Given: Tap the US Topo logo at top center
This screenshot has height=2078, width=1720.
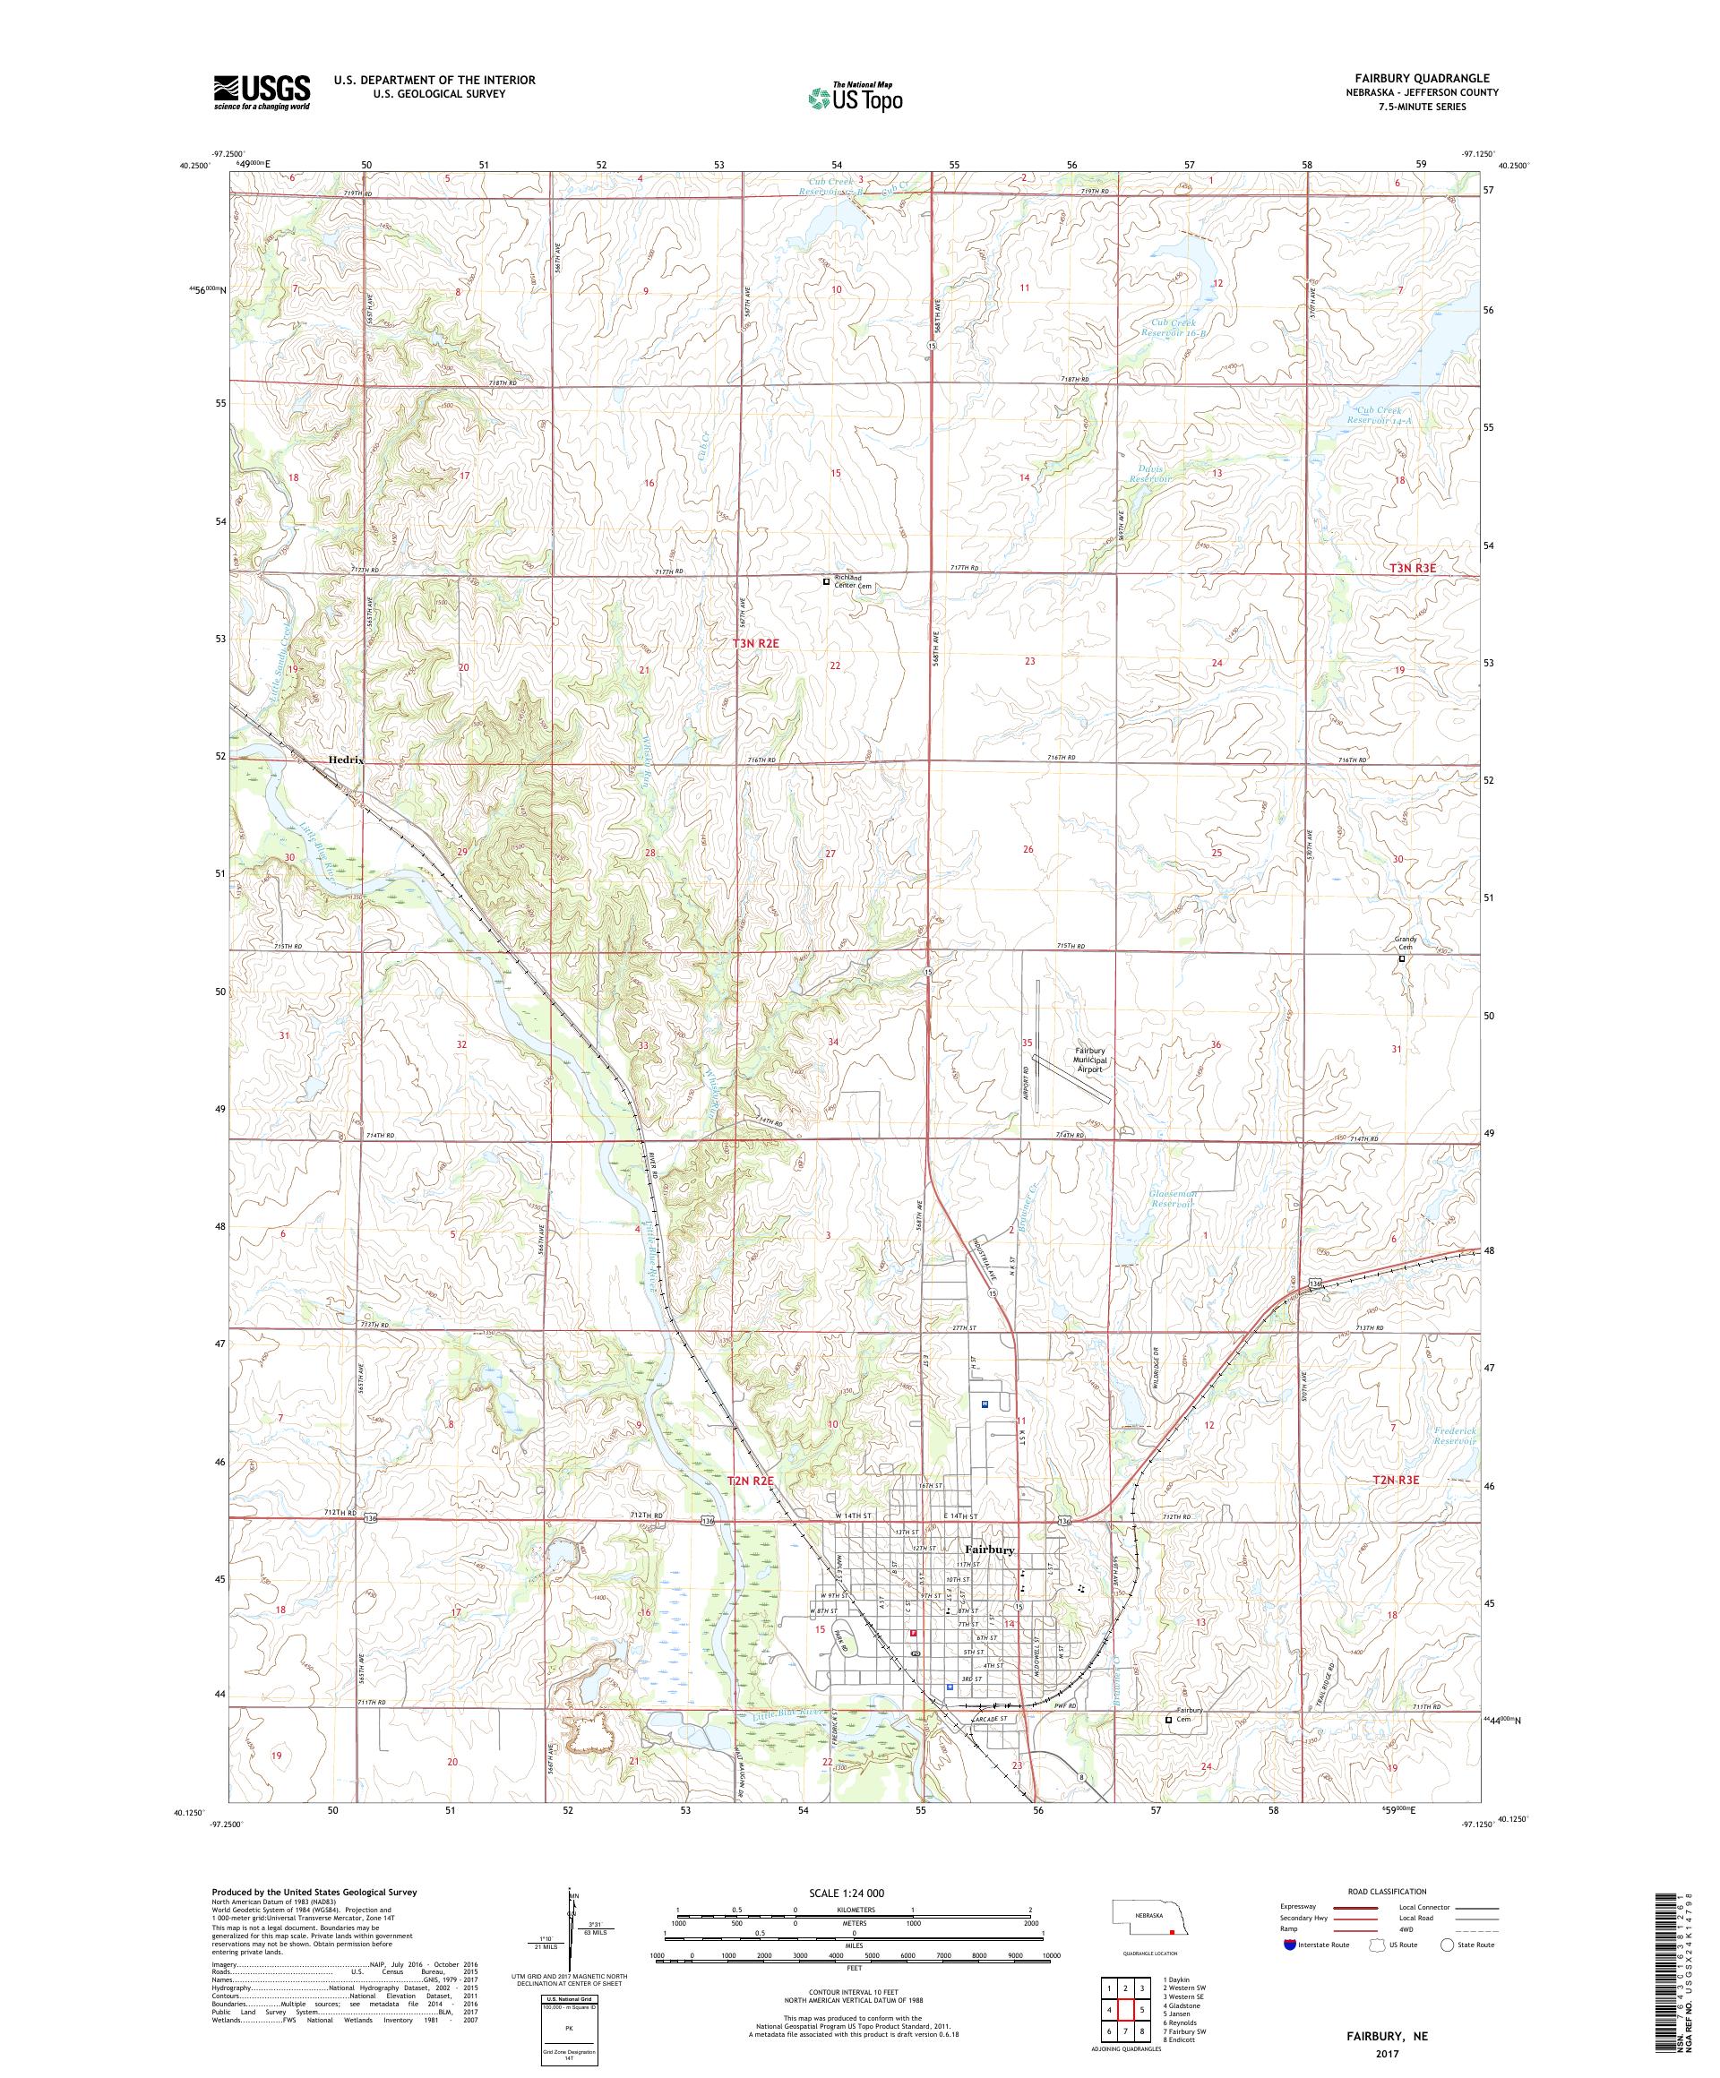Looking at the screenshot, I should tap(856, 97).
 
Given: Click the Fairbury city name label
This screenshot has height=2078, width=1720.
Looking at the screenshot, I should tap(989, 1576).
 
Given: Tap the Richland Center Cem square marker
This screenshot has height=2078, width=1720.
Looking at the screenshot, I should tap(826, 582).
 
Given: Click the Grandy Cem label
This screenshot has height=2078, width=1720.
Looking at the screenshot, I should tap(1406, 943).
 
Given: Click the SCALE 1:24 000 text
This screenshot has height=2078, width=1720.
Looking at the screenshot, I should tap(854, 1893).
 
